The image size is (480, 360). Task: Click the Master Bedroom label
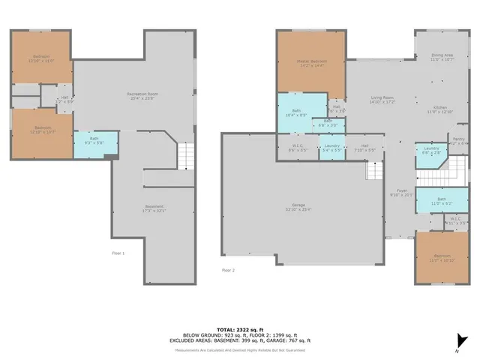pos(311,62)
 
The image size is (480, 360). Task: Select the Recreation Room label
pos(140,95)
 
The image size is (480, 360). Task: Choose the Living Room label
pos(381,100)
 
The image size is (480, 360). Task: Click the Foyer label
pos(401,191)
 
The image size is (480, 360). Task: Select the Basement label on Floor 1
pos(154,208)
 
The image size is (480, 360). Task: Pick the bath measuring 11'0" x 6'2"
pos(441,201)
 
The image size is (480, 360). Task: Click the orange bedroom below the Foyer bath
pos(438,257)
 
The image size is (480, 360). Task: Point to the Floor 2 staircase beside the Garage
pos(374,171)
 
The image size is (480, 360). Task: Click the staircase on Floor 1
pos(185,156)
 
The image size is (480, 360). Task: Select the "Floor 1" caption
pos(118,253)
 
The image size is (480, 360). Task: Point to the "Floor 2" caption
pos(228,270)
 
